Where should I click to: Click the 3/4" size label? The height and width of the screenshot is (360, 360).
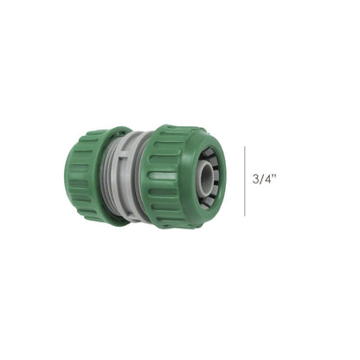pyautogui.click(x=266, y=180)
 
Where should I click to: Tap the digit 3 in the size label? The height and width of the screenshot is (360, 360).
pyautogui.click(x=256, y=180)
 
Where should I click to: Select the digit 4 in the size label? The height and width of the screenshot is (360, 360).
pyautogui.click(x=269, y=180)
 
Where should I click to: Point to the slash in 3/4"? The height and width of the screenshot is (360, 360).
pyautogui.click(x=262, y=180)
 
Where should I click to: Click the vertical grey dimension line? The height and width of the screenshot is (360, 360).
pyautogui.click(x=244, y=179)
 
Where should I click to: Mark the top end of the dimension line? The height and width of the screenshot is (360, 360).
pyautogui.click(x=244, y=145)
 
